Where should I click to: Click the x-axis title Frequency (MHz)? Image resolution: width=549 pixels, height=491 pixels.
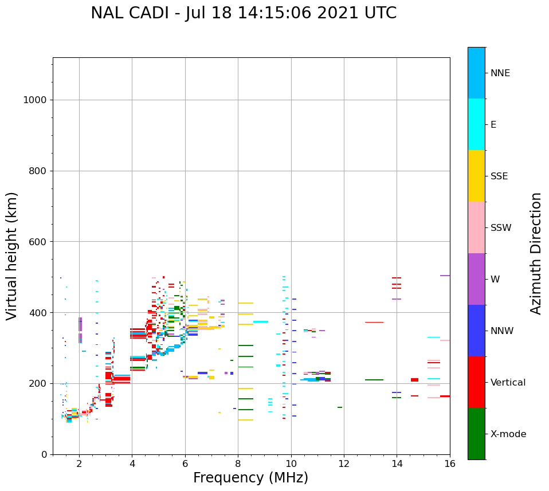click(x=250, y=478)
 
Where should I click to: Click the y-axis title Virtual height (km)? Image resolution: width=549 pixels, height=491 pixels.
click(x=12, y=256)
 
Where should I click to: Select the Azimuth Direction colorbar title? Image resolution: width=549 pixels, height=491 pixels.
click(x=536, y=253)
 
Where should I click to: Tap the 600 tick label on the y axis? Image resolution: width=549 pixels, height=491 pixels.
click(x=37, y=242)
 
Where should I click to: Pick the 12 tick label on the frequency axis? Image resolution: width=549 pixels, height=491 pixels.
click(x=344, y=464)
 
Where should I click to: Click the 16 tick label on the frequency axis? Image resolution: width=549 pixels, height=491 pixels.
click(x=450, y=464)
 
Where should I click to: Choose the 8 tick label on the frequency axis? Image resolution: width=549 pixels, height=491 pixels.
click(x=238, y=464)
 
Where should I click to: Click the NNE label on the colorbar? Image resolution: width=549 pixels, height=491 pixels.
click(x=500, y=73)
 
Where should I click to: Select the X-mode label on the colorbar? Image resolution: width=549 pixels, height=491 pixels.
click(x=508, y=434)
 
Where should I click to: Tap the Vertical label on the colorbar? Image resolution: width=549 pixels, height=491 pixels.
click(x=508, y=383)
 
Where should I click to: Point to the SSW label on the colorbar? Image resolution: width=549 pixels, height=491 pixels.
click(x=501, y=228)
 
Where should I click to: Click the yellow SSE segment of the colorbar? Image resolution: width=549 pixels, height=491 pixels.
click(x=476, y=176)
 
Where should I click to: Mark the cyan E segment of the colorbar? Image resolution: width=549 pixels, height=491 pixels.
click(x=476, y=124)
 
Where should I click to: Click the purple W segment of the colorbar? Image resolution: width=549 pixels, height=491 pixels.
click(x=476, y=279)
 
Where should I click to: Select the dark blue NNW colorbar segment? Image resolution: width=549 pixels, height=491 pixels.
click(x=476, y=331)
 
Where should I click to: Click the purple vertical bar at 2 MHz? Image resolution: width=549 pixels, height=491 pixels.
click(x=80, y=330)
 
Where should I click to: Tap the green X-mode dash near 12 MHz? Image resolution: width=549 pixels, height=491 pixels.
click(x=340, y=407)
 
